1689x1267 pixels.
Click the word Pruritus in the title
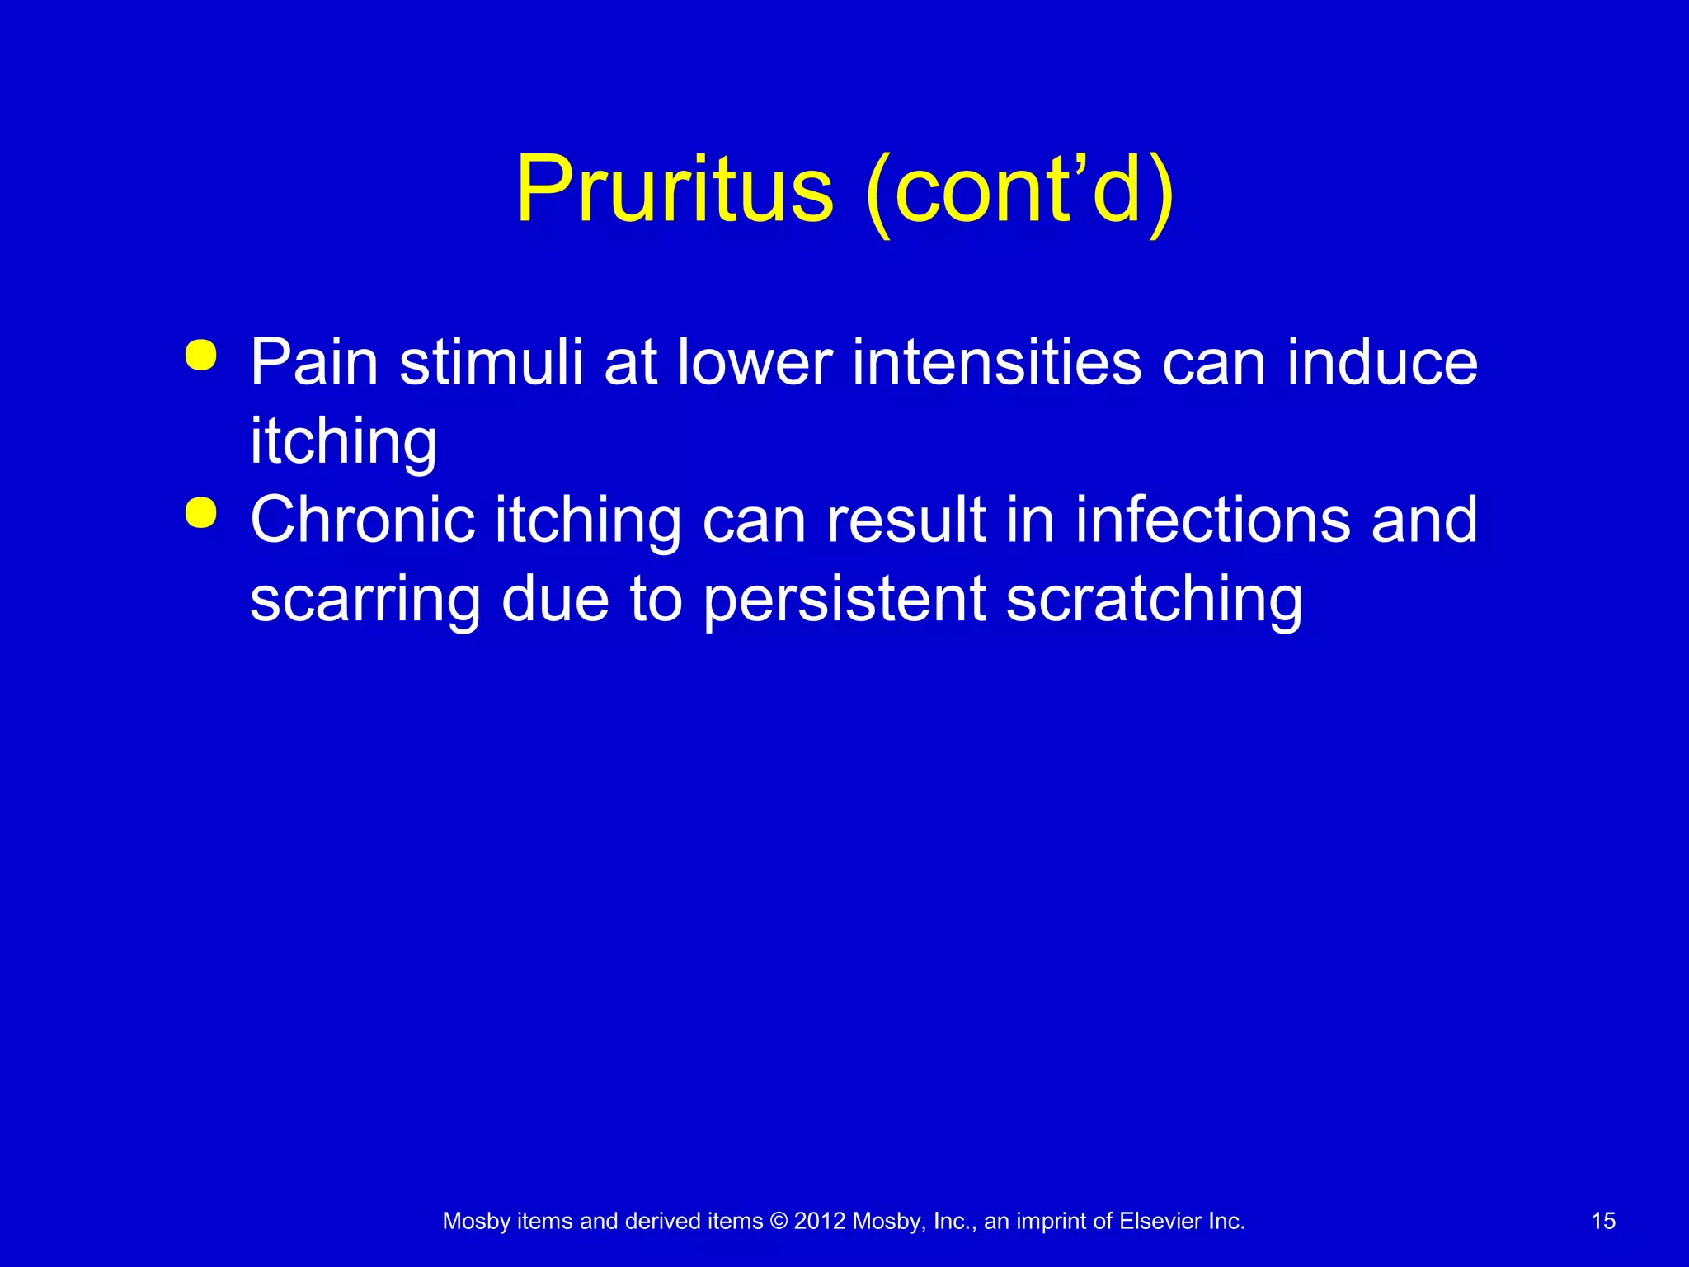coord(674,191)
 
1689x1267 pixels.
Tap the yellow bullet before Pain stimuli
coord(201,356)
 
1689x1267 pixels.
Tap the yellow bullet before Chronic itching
coord(201,513)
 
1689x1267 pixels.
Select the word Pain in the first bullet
coord(314,363)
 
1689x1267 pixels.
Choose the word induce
coord(1382,363)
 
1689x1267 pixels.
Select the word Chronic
coord(363,521)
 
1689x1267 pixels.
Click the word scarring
coord(365,601)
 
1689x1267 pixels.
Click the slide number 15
coord(1603,1222)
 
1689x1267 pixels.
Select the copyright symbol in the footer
coord(779,1222)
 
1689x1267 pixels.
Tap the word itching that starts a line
coord(343,442)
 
